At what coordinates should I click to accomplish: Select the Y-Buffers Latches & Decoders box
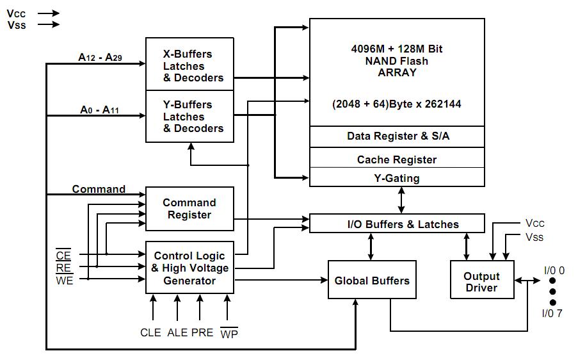coord(189,116)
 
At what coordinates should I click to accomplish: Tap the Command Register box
coord(189,209)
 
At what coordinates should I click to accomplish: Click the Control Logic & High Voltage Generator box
coord(189,268)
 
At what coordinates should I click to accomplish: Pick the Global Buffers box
coord(372,280)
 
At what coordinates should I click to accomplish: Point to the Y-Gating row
coord(397,178)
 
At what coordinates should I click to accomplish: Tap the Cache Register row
coord(397,159)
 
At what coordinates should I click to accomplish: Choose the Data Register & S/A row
coord(397,136)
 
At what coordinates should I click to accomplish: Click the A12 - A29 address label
coord(100,58)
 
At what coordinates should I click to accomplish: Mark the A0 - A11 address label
coord(100,110)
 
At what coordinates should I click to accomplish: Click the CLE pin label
coord(152,332)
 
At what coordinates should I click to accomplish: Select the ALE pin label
coord(177,332)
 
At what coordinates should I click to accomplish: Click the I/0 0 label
coord(553,270)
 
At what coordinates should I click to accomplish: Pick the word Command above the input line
coord(99,190)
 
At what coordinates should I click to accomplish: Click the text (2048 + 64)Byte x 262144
coord(397,104)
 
